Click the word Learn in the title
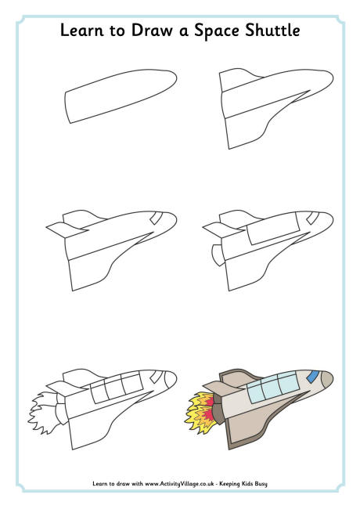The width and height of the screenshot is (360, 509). coord(81,32)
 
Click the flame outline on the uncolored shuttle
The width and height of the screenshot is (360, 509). coord(41,410)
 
